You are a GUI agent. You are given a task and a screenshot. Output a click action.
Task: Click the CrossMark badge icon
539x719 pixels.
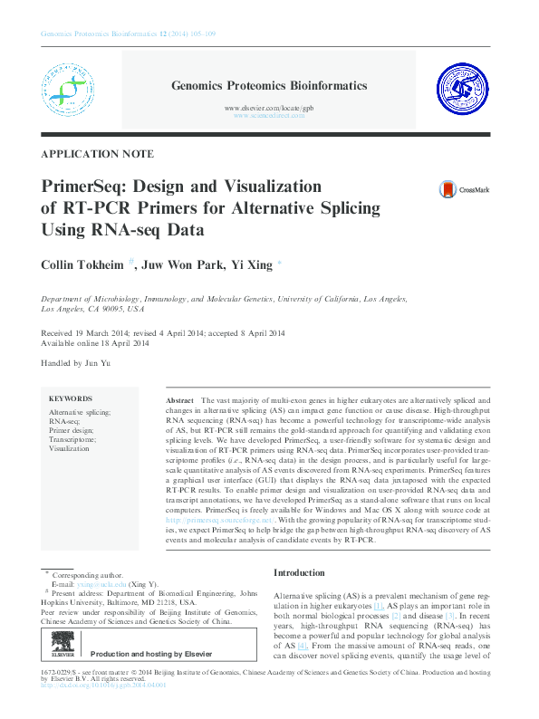(448, 190)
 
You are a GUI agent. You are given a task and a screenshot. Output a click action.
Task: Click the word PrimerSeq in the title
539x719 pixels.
(81, 187)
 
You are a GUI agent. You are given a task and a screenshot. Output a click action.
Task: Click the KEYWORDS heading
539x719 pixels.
(71, 398)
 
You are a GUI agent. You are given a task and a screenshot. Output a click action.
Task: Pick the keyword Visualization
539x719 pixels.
(70, 448)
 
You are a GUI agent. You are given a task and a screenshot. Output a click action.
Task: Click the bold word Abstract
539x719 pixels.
(180, 399)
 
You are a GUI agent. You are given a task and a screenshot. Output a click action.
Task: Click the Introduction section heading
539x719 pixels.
(299, 573)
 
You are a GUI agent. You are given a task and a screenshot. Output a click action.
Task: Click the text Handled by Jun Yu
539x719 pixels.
(76, 363)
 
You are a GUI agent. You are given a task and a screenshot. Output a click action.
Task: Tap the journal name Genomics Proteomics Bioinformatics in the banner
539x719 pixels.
(269, 86)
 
